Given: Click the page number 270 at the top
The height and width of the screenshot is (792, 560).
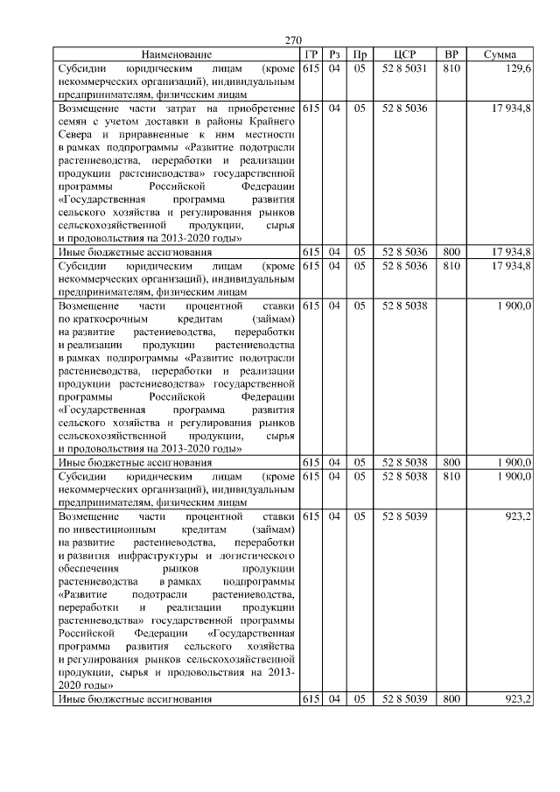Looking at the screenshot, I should point(293,40).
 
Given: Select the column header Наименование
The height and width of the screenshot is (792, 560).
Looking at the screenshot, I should point(177,54).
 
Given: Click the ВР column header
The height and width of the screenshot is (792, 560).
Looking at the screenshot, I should point(451,54).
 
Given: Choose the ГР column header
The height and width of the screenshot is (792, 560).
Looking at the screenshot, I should point(310,54).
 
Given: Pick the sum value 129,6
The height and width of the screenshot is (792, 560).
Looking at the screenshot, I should point(517,68).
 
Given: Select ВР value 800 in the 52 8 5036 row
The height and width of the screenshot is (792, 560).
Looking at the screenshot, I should point(451,252).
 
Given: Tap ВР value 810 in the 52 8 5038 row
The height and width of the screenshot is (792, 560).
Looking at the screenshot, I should point(451,476).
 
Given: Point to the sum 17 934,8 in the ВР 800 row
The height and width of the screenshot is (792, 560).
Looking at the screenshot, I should point(511,252).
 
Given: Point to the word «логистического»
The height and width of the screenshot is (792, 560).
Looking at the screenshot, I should point(255,556).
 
